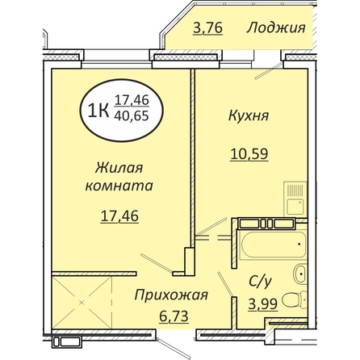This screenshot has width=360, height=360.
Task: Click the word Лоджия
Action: point(276,28)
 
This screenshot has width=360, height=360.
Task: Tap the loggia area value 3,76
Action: point(207,27)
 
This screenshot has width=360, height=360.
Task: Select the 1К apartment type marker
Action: point(98,111)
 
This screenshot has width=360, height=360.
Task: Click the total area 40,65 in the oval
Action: point(132,116)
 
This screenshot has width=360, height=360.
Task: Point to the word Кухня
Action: point(249,116)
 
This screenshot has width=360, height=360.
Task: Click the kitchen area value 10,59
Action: point(249,154)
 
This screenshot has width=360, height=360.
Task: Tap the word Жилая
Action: point(119,168)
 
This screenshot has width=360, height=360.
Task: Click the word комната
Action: point(119,186)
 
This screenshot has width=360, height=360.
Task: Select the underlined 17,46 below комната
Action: point(119,216)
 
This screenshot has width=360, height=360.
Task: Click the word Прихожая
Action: point(171,295)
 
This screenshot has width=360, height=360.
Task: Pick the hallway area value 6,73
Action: point(174,316)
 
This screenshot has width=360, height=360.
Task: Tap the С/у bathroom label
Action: point(260,282)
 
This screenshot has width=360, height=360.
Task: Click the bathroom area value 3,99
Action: point(262,304)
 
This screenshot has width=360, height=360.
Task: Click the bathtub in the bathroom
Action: point(273,245)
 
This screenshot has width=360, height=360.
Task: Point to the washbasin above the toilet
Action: point(299,274)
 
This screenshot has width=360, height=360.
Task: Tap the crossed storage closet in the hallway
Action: point(82,303)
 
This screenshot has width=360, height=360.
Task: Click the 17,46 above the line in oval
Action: point(132,100)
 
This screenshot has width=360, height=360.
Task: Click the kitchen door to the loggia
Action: point(269,70)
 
